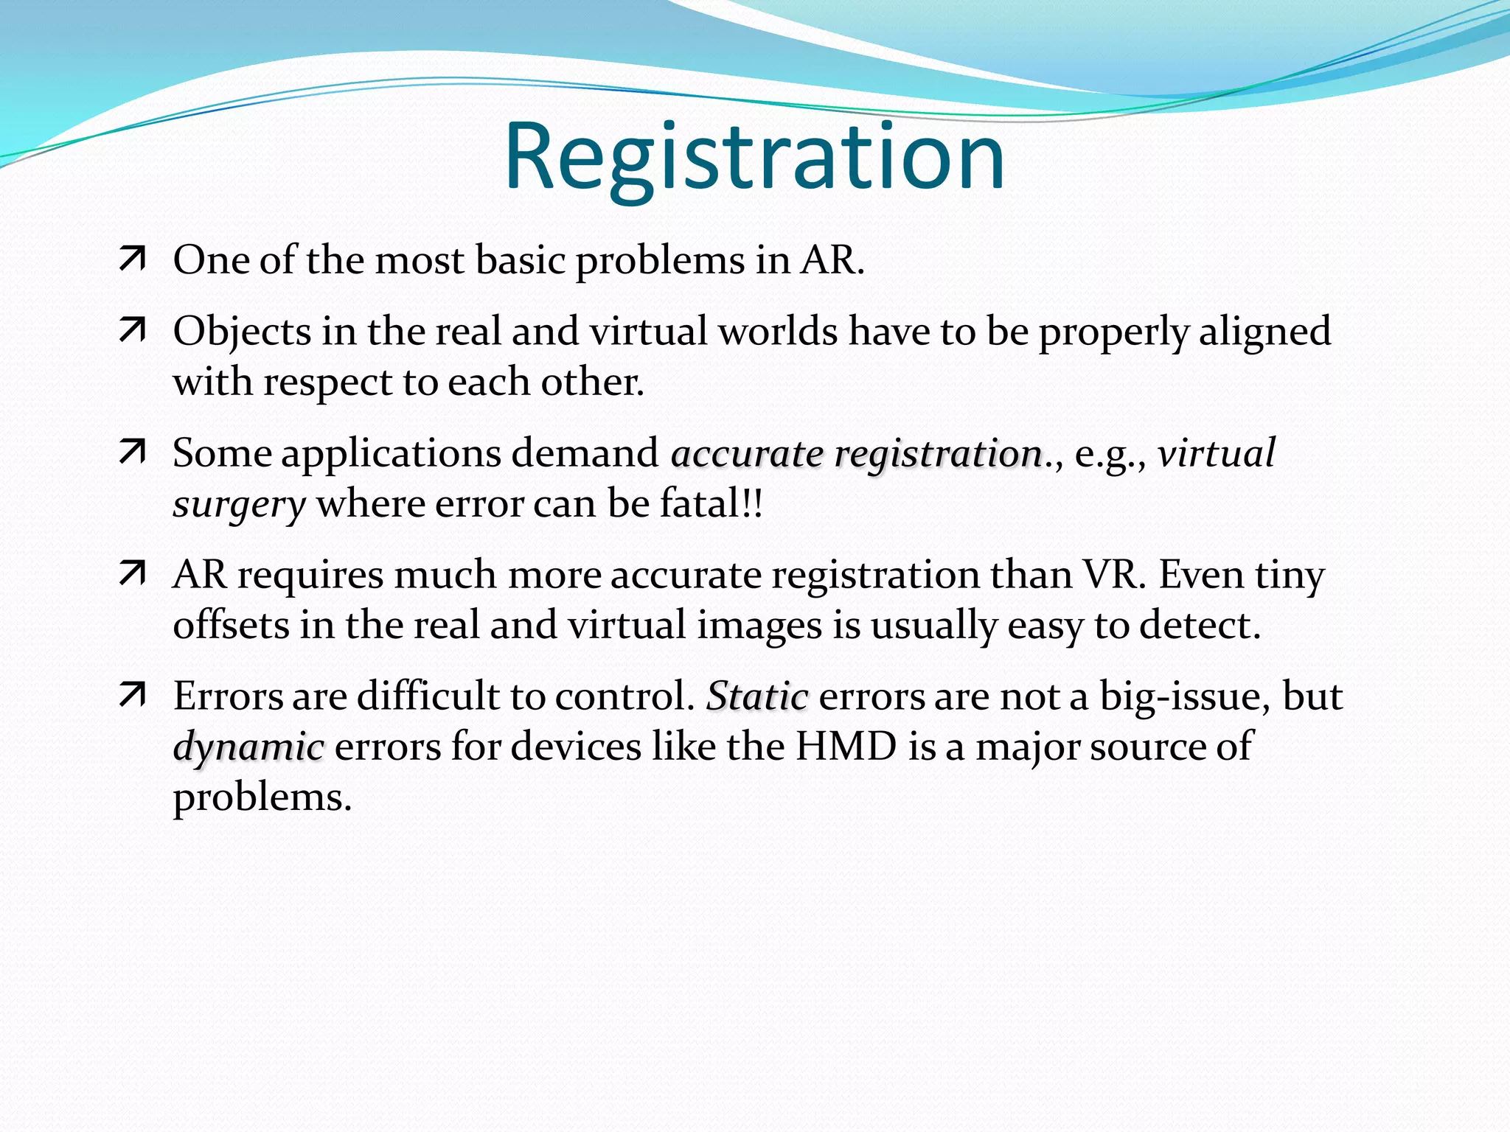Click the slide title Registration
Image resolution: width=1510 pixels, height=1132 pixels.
[x=754, y=157]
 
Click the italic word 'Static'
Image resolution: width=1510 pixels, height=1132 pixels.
[x=757, y=696]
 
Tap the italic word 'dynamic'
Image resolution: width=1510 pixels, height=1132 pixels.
[x=248, y=747]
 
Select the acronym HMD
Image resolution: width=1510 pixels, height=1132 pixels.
[x=846, y=746]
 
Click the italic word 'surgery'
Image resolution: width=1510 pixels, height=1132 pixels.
[x=239, y=505]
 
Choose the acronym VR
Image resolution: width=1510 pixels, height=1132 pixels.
[x=1114, y=574]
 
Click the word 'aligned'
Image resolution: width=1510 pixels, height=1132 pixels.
[x=1264, y=332]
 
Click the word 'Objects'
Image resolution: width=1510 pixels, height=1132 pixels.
[x=241, y=332]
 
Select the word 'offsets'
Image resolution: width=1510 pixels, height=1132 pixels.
[x=231, y=625]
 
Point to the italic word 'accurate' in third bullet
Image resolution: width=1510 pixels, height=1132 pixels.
[x=747, y=453]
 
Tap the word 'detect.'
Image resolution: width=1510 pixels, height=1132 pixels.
[x=1200, y=625]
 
